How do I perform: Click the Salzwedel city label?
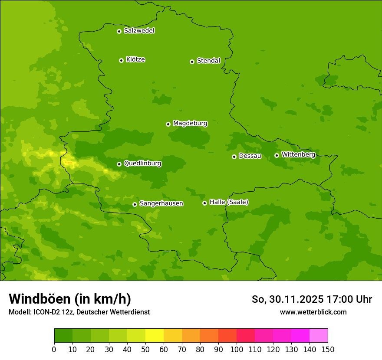[139, 31]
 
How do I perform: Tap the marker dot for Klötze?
[121, 60]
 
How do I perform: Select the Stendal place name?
[208, 61]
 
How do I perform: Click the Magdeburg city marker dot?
[168, 124]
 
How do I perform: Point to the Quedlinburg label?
[142, 164]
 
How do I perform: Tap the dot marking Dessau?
[234, 157]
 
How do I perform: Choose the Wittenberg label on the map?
[298, 154]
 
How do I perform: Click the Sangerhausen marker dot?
[135, 204]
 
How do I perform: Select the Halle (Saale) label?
[229, 202]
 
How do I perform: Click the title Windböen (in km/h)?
[69, 299]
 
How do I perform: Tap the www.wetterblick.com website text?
[313, 312]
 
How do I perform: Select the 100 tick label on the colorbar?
[237, 349]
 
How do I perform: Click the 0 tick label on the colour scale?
[54, 349]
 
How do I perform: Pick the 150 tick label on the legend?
[328, 349]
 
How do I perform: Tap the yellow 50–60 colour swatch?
[155, 336]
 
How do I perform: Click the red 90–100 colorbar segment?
[227, 336]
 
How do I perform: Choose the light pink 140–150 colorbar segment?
[319, 336]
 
